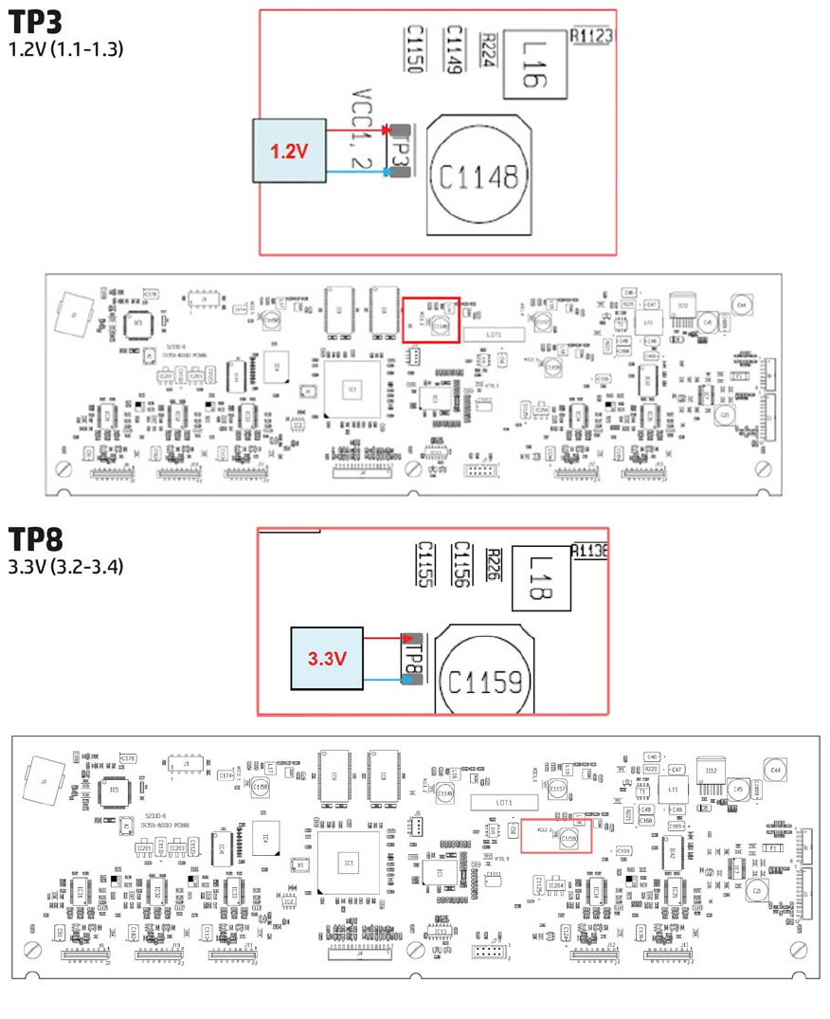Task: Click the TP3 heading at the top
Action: pyautogui.click(x=35, y=22)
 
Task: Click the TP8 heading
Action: pyautogui.click(x=35, y=539)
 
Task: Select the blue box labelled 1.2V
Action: pyautogui.click(x=288, y=151)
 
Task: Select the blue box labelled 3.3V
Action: pyautogui.click(x=327, y=659)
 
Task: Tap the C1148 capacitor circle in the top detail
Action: pyautogui.click(x=478, y=176)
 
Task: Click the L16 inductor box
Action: pyautogui.click(x=533, y=64)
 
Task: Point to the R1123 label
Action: pyautogui.click(x=592, y=36)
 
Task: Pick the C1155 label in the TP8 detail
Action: pyautogui.click(x=424, y=565)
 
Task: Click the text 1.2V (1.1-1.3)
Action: pyautogui.click(x=65, y=48)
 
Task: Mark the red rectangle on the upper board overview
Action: pyautogui.click(x=431, y=319)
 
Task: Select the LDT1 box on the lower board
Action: pyautogui.click(x=503, y=802)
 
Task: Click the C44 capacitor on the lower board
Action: pyautogui.click(x=776, y=770)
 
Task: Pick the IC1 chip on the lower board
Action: pyautogui.click(x=349, y=862)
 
